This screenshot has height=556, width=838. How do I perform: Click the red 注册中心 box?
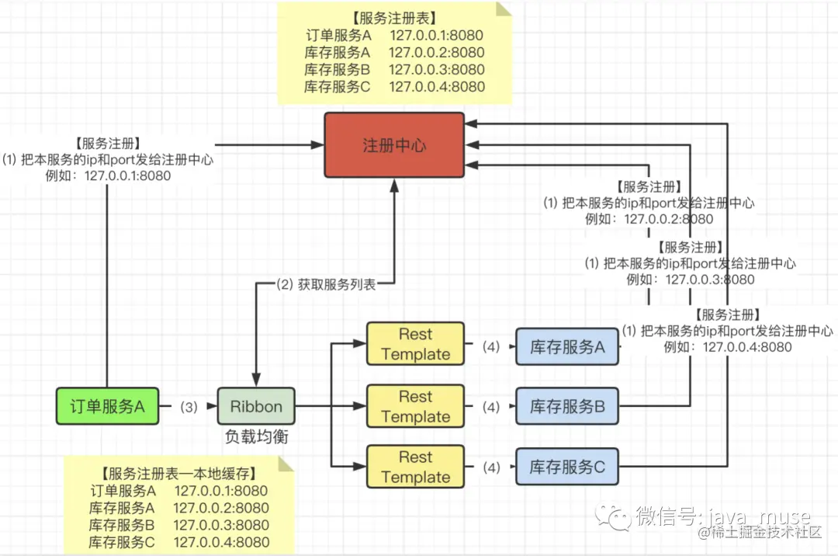[394, 145]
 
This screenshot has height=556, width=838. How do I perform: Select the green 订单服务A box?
[107, 406]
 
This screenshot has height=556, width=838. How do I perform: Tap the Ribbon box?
[256, 406]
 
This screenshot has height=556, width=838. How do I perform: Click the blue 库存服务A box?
[567, 347]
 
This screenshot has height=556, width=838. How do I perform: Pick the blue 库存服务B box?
[567, 406]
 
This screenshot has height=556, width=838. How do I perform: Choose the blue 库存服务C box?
[567, 467]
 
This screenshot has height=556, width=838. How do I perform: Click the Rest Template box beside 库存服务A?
[415, 344]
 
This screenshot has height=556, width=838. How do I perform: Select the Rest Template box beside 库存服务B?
[415, 406]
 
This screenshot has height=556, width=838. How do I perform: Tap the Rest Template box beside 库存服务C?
[415, 467]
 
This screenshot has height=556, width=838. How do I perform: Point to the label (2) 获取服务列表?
[326, 284]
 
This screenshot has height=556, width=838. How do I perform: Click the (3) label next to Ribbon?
[189, 408]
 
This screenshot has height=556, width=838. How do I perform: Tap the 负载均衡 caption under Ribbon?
[257, 436]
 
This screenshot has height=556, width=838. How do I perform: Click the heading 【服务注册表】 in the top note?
[394, 18]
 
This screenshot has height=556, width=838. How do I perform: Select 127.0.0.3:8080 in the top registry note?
[437, 70]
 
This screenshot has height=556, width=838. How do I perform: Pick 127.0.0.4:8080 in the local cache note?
[221, 542]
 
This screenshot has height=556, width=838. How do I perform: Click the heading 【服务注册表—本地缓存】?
[179, 474]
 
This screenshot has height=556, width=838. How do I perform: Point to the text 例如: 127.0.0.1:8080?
[108, 176]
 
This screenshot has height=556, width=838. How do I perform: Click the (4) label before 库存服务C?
[491, 467]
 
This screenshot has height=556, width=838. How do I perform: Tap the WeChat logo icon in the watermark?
[614, 516]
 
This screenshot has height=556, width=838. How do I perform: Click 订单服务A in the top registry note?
[338, 35]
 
